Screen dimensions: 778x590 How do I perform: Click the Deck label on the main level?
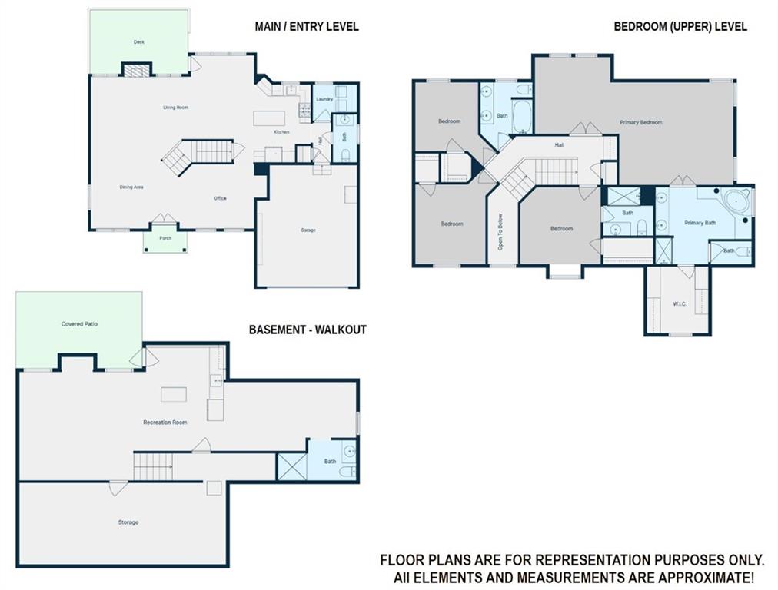point(139,42)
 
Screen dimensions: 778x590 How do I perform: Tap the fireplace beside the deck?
point(136,71)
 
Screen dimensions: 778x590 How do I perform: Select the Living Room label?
point(175,107)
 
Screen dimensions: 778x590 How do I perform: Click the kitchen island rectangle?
point(269,119)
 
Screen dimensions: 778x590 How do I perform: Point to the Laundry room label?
point(324,99)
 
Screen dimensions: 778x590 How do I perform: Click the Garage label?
point(308,230)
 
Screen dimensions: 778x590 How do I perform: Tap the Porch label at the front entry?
point(165,238)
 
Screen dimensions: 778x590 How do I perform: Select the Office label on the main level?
point(220,198)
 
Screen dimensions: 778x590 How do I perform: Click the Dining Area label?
point(131,187)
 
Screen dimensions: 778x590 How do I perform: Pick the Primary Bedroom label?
point(640,122)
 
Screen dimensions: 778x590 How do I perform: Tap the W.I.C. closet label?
point(680,304)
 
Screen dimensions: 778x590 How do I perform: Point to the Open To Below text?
point(500,231)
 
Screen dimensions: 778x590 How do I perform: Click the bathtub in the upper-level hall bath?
point(521,117)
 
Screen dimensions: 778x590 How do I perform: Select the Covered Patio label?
point(79,323)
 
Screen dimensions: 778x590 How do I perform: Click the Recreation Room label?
point(165,423)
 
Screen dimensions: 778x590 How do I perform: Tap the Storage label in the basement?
point(128,522)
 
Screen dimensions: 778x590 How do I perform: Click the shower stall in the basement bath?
point(292,466)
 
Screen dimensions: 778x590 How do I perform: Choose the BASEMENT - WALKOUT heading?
point(308,330)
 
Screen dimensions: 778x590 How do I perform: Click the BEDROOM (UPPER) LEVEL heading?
point(680,26)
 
